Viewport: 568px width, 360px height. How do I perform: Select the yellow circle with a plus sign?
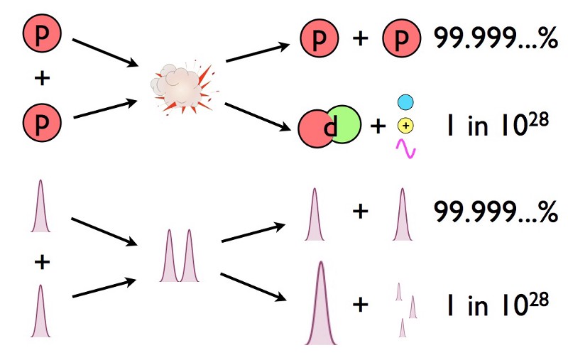click(405, 126)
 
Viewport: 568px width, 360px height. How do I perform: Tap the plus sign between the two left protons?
click(43, 77)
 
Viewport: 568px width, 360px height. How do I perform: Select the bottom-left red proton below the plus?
click(43, 119)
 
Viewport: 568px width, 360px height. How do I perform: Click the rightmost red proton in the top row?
click(401, 39)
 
